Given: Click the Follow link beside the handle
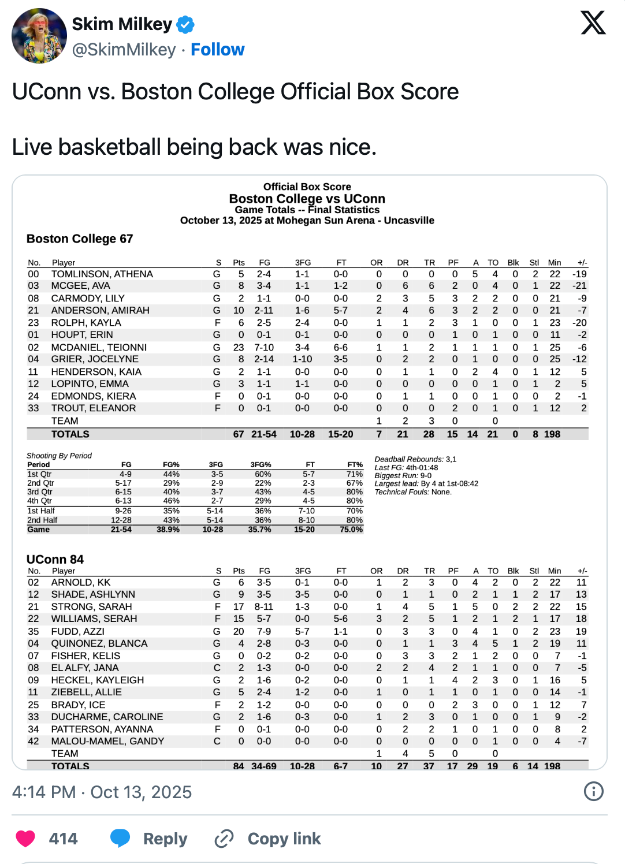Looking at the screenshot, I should tap(217, 50).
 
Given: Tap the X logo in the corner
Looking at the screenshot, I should tap(593, 23).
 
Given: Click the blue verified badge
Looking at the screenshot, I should tap(185, 25).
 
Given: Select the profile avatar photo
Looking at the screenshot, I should tap(39, 36).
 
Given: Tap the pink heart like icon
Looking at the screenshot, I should tap(25, 838).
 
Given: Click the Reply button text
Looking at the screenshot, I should tap(165, 839).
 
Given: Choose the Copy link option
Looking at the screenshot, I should tap(284, 839).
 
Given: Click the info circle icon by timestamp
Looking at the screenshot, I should tap(593, 791).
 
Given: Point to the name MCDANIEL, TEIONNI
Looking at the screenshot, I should tap(99, 347).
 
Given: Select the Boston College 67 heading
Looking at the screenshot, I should tap(80, 239).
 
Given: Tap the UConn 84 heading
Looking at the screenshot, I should tap(55, 559).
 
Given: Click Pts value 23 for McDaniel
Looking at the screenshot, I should tap(239, 347).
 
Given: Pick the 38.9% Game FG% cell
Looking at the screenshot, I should tap(168, 529).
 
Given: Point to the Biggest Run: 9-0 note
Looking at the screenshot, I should tap(403, 475).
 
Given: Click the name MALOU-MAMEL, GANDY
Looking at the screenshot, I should tap(107, 741).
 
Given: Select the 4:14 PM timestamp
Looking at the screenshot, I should tap(44, 792).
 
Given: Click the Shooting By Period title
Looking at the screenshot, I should tap(59, 456).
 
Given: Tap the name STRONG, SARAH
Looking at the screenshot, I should tap(91, 606).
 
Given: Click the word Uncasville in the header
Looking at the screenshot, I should tap(409, 221).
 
